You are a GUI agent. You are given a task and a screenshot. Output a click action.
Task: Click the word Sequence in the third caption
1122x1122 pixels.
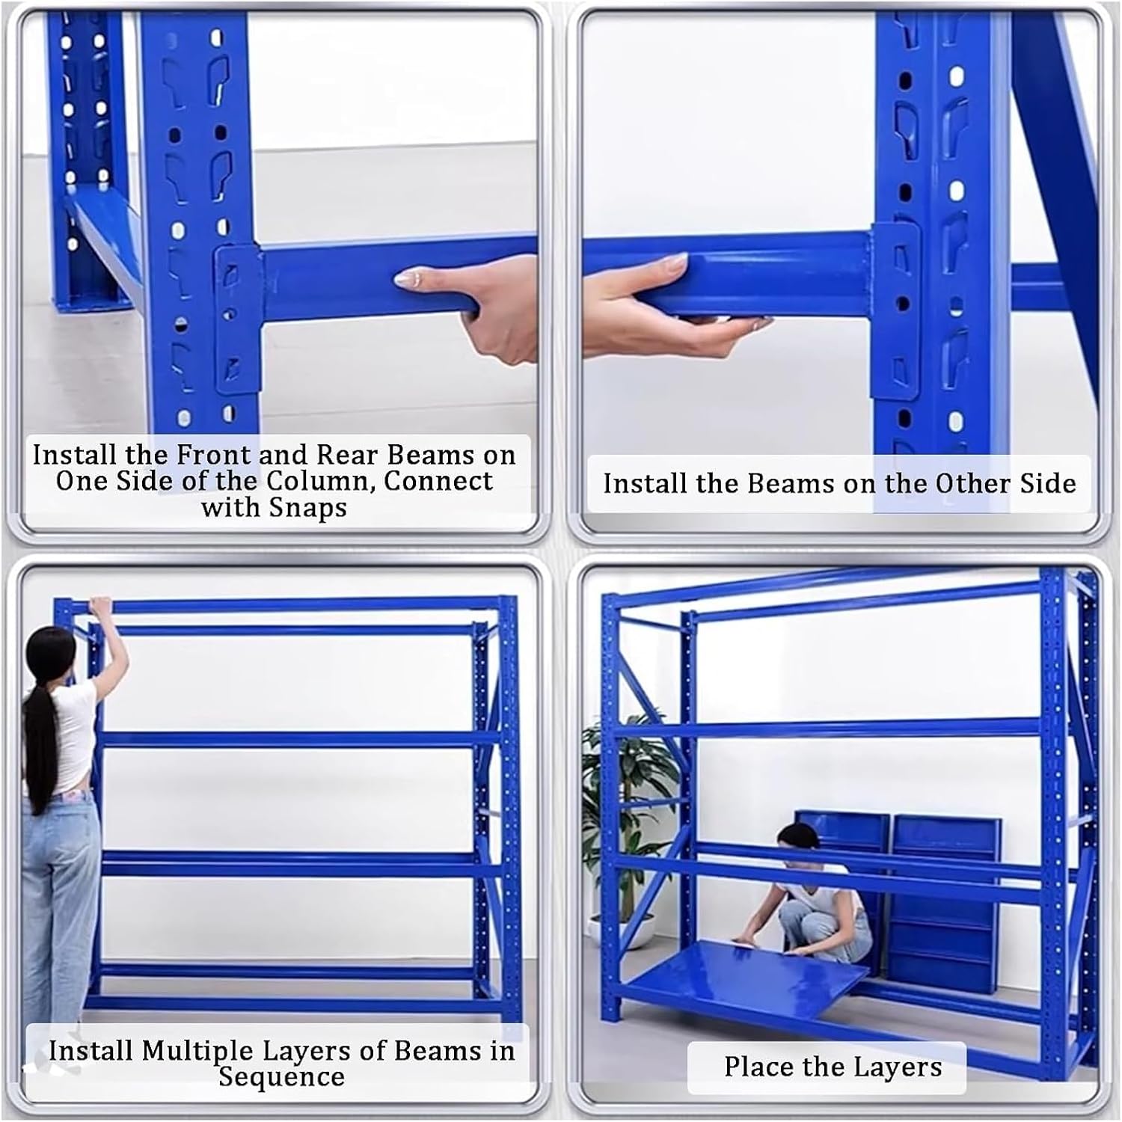[x=281, y=1077]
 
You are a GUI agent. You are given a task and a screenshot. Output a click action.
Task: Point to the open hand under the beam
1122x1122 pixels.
[x=673, y=307]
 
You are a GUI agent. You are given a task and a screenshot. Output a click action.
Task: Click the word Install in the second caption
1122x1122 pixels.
[x=646, y=483]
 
